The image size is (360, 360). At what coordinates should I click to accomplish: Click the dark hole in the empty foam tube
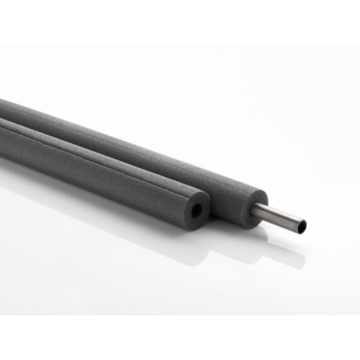tap(197, 210)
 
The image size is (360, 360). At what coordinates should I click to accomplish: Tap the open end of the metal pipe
tap(302, 224)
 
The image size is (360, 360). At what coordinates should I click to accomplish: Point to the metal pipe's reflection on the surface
tap(283, 242)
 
